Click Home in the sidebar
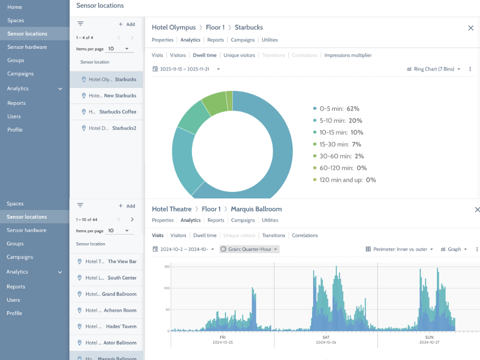[15, 7]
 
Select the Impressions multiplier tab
[348, 55]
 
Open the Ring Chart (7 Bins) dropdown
[434, 69]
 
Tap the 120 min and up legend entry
[345, 180]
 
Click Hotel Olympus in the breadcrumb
[173, 27]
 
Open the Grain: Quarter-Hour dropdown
[249, 249]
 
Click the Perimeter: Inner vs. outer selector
[399, 249]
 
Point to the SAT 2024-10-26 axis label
[326, 340]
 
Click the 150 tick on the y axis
[167, 267]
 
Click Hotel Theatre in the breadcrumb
[172, 209]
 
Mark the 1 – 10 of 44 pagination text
[87, 219]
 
